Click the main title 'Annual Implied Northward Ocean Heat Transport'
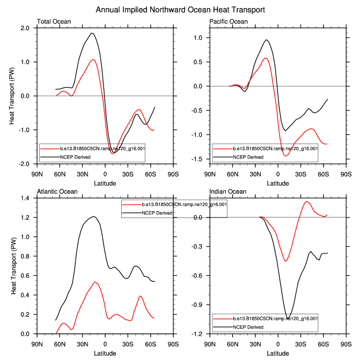180,10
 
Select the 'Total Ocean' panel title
54,22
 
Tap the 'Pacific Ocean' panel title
229,22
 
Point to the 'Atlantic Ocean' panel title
57,191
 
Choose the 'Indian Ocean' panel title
228,191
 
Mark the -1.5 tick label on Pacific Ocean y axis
198,159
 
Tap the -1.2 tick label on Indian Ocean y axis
198,334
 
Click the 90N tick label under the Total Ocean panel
37,175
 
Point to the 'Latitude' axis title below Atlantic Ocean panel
105,353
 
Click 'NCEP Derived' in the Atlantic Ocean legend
157,213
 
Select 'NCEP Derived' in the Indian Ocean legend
248,326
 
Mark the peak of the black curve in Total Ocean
92,33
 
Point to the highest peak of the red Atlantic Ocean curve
95,282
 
